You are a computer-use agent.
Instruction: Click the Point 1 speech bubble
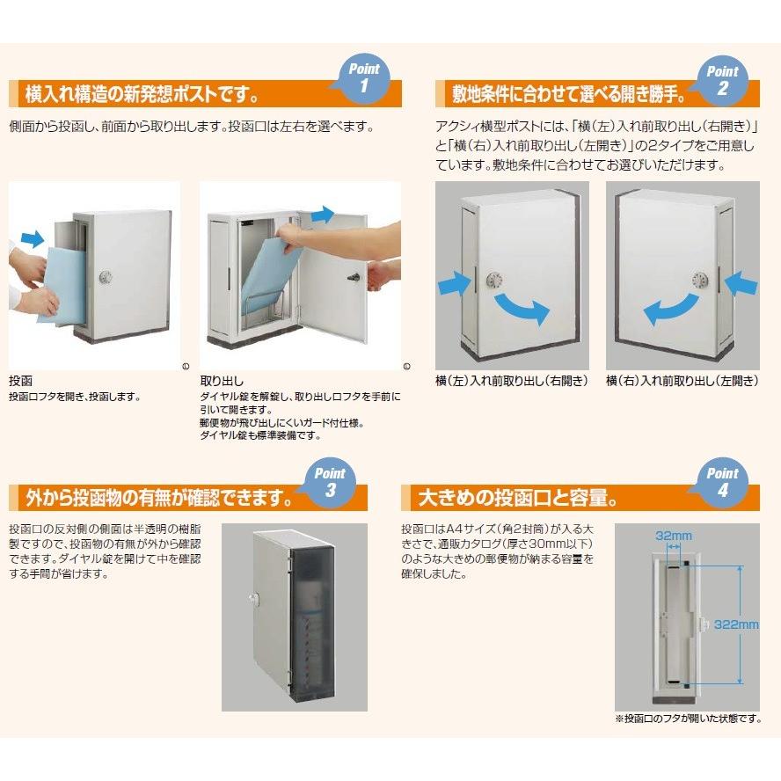(x=362, y=77)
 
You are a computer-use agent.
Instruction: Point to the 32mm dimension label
(x=673, y=535)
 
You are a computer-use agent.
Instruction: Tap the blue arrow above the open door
(x=322, y=214)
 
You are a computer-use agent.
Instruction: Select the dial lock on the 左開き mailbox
(x=702, y=281)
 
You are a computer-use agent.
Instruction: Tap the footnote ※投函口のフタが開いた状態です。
(x=688, y=719)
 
